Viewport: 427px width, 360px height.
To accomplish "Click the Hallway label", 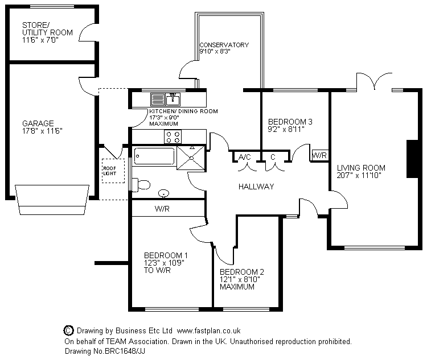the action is [256, 187].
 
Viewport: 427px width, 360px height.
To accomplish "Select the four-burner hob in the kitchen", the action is [173, 136].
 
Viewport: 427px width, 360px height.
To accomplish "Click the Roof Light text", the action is [109, 171].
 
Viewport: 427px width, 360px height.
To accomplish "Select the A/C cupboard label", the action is [245, 157].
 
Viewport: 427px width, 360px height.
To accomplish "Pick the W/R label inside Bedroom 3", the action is [319, 155].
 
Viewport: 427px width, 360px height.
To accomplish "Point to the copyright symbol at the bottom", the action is [68, 330].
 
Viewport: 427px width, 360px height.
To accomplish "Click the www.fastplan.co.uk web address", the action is [209, 330].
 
